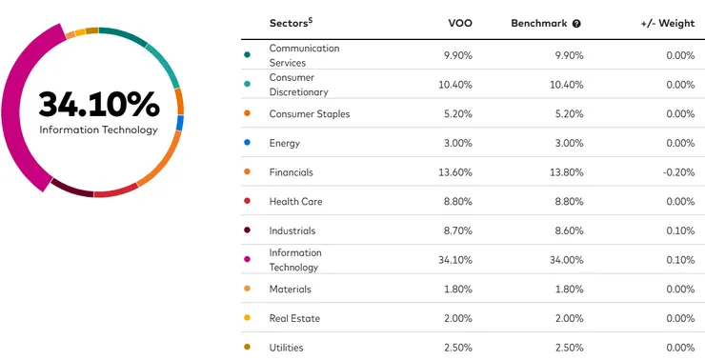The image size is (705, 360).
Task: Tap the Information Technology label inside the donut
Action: click(x=98, y=130)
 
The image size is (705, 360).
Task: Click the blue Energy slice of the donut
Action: click(x=179, y=123)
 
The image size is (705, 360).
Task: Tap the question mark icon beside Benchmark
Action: click(x=576, y=23)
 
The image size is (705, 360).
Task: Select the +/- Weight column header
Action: click(x=663, y=23)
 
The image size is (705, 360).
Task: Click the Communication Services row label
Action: click(x=304, y=55)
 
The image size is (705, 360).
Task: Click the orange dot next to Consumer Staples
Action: click(x=248, y=114)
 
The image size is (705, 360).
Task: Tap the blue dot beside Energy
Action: click(x=248, y=143)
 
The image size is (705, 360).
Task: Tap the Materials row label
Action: click(x=290, y=289)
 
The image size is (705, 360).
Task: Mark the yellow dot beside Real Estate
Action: click(x=248, y=318)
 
